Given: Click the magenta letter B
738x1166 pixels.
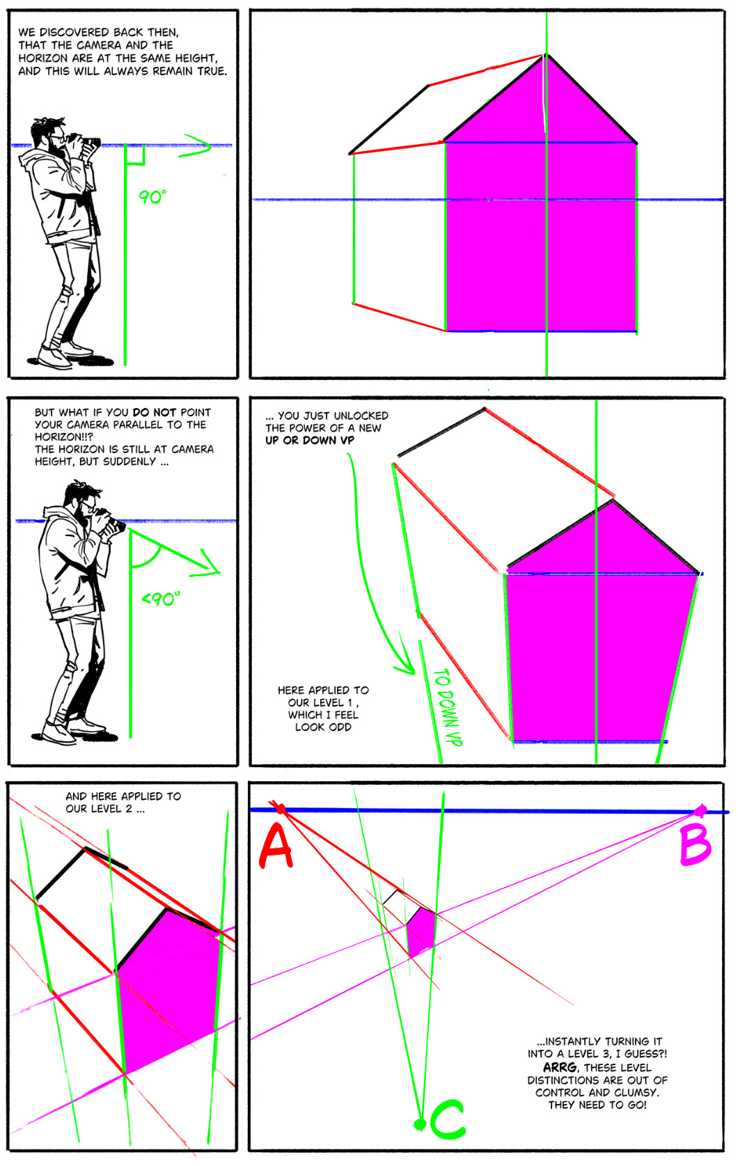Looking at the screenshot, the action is click(695, 844).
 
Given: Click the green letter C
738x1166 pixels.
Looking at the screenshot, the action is click(448, 1119).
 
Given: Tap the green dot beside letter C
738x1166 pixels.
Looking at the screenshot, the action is click(419, 1124).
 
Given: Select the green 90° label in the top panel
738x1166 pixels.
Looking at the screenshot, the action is click(152, 197).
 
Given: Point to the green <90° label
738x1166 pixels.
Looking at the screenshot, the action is click(161, 599).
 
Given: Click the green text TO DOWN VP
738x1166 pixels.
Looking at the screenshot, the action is click(448, 707).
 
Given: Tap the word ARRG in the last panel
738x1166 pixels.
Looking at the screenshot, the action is click(560, 1067).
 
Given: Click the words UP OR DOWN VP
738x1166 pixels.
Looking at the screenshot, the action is click(309, 440).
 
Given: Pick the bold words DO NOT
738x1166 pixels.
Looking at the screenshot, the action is click(154, 412).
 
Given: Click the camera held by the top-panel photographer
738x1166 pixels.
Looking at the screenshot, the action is click(89, 143).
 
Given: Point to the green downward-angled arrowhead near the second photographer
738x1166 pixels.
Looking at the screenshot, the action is click(208, 565).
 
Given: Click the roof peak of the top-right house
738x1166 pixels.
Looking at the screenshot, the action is click(545, 55).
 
